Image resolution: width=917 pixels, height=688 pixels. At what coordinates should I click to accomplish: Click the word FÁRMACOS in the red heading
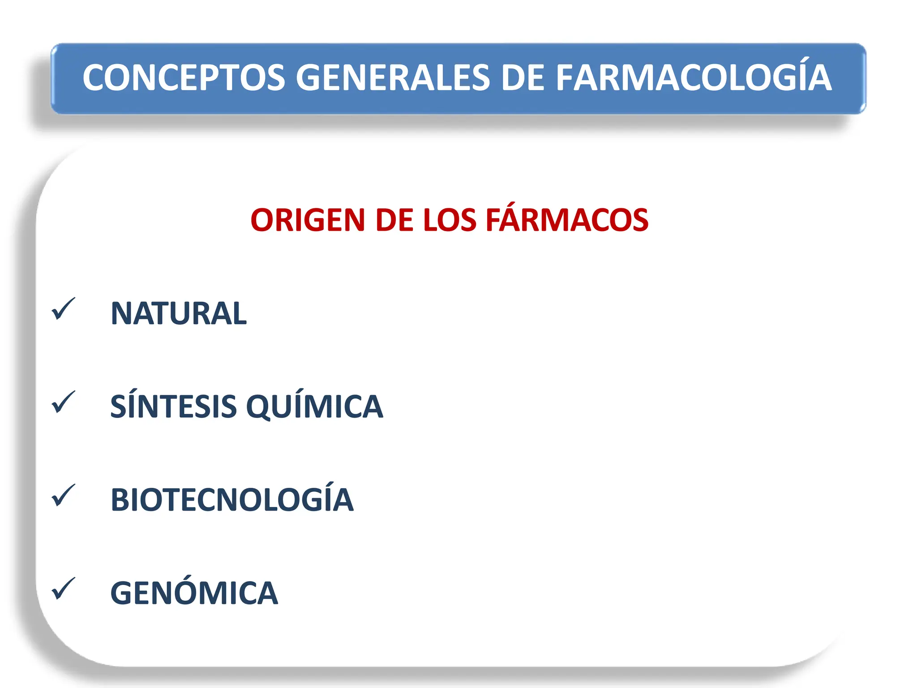pos(567,220)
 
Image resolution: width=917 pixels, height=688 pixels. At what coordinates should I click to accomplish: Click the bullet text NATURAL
pos(178,314)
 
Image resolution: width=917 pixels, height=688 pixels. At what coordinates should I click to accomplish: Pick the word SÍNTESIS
pos(173,407)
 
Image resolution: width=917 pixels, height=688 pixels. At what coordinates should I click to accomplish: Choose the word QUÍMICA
pos(315,407)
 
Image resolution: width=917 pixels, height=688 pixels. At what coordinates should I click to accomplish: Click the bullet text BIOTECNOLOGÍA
pos(232,500)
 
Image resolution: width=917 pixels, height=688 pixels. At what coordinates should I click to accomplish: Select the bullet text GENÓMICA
pos(194,593)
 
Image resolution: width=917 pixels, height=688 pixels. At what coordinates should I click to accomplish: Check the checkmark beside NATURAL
pos(63,310)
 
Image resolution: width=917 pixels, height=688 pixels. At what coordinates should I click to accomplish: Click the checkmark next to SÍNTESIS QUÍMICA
pos(63,403)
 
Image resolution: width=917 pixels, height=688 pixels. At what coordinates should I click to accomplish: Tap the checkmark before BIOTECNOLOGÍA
pos(63,496)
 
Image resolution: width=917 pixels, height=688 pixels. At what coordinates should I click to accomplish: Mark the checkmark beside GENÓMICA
pos(63,589)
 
